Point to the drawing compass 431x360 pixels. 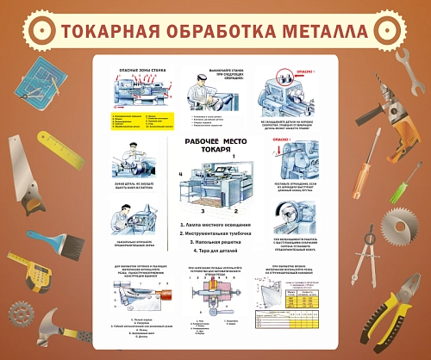pos(368,258)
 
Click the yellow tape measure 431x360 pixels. pos(40,275)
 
